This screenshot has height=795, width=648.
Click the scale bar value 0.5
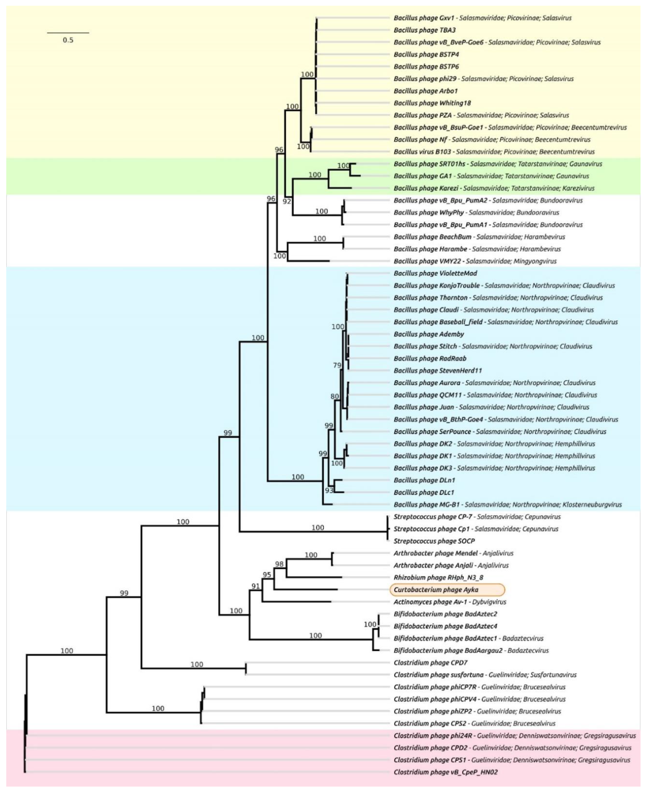pyautogui.click(x=68, y=40)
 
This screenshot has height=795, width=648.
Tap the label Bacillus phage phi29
pyautogui.click(x=425, y=79)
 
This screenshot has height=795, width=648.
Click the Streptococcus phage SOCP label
pyautogui.click(x=434, y=541)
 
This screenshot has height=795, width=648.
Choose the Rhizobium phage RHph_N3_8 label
pyautogui.click(x=438, y=578)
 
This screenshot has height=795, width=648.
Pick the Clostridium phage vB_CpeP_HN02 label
pyautogui.click(x=446, y=772)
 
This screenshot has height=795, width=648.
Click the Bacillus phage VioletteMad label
pyautogui.click(x=435, y=273)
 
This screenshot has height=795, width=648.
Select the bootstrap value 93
pyautogui.click(x=329, y=490)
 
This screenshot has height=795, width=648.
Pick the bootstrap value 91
pyautogui.click(x=255, y=586)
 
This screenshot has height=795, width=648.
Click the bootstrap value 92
pyautogui.click(x=287, y=202)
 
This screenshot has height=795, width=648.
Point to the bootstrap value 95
pyautogui.click(x=267, y=575)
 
